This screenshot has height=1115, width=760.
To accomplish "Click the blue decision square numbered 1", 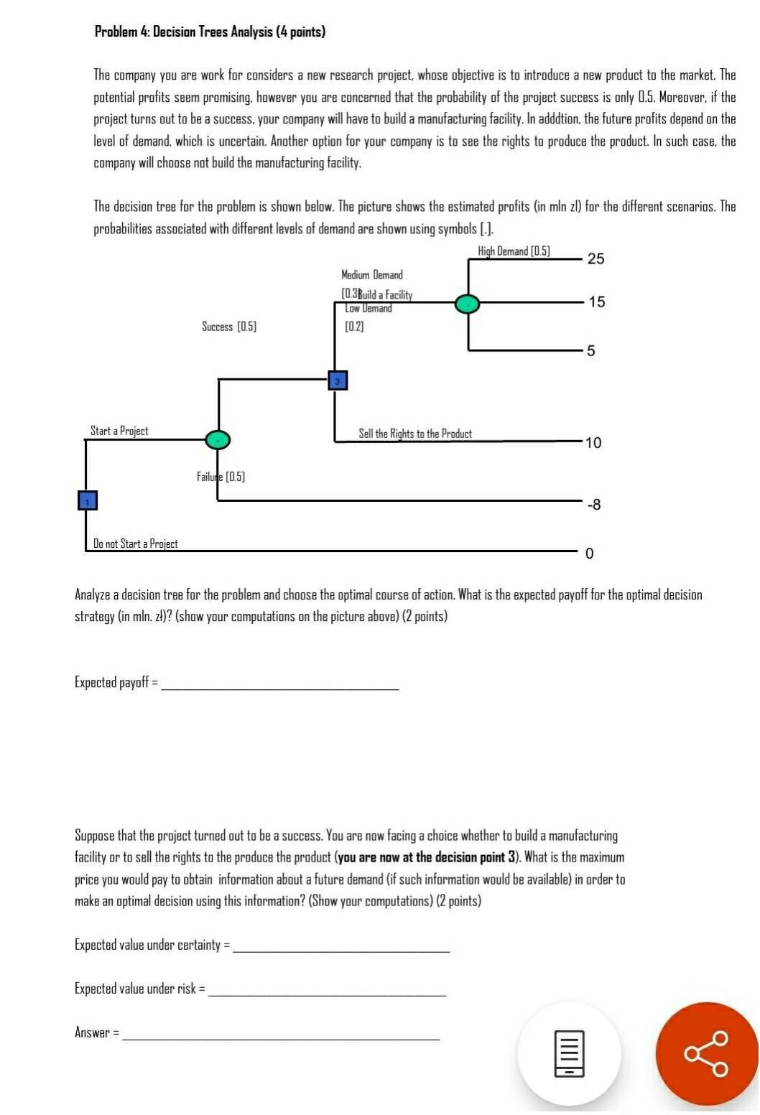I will point(87,500).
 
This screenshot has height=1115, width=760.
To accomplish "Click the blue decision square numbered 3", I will point(337,381).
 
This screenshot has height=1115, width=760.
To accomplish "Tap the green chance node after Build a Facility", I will point(467,304).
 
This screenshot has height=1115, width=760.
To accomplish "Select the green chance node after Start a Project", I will point(218,439).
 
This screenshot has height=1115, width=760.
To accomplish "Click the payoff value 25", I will point(596,259).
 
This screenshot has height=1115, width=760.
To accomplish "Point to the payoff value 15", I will point(596,302).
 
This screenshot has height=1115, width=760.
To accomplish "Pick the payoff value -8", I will point(593,505).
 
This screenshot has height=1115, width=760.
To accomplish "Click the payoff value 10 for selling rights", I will point(593,443).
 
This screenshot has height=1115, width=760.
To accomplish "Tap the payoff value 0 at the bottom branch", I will point(590,554).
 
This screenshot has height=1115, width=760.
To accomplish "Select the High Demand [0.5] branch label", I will point(514,251).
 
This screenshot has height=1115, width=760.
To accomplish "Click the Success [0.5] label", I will point(229,327).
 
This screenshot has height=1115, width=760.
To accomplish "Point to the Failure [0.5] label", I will point(221,477).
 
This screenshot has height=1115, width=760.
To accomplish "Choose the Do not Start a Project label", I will point(136,543).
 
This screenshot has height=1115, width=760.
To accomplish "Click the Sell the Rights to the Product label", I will point(415,434).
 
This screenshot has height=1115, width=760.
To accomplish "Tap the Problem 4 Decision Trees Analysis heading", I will point(210,32).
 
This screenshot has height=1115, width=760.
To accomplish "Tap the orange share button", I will point(707,1053).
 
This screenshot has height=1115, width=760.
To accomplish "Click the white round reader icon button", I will point(569,1053).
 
